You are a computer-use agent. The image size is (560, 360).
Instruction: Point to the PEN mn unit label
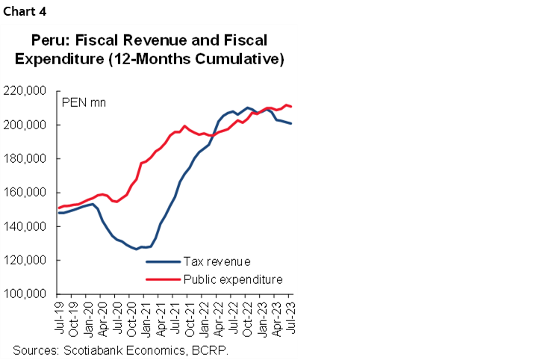(84, 102)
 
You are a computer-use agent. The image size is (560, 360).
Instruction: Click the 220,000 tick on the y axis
(26, 91)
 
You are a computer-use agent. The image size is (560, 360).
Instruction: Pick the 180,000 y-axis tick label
(26, 159)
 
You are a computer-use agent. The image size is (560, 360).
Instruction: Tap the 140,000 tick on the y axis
(26, 226)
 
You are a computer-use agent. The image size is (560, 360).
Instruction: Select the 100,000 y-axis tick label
(26, 294)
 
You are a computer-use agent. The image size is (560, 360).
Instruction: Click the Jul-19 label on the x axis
(59, 317)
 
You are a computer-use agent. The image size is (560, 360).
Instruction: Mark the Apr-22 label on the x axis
(218, 317)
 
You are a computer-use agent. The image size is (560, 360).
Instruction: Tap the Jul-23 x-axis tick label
(290, 317)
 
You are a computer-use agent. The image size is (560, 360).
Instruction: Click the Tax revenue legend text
(217, 261)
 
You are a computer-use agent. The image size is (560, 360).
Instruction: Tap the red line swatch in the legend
(163, 279)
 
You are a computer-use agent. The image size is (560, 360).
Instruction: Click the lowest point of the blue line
(136, 249)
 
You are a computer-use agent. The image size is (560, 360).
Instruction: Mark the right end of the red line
(291, 107)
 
